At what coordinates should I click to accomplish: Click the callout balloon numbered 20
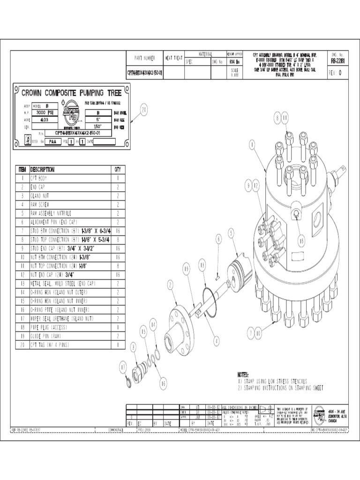[x=144, y=110]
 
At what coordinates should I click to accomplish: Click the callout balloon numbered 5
[x=231, y=232]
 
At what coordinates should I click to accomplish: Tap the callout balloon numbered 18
[x=301, y=240]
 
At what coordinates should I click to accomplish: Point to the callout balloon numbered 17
[x=123, y=367]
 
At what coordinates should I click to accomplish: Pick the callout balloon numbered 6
[x=218, y=239]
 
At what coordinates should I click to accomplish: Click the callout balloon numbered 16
[x=163, y=383]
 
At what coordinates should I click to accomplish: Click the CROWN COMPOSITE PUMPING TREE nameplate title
[x=72, y=93]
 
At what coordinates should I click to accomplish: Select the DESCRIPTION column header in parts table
[x=42, y=169]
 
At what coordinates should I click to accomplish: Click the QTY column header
[x=118, y=169]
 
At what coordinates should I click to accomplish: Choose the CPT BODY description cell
[x=40, y=178]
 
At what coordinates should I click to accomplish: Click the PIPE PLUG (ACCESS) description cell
[x=49, y=327]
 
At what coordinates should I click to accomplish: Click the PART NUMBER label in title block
[x=144, y=58]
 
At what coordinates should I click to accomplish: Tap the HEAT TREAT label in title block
[x=173, y=58]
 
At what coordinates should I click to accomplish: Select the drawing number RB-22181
[x=339, y=60]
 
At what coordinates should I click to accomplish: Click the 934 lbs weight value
[x=234, y=61]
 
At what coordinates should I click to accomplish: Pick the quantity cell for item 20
[x=118, y=345]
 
